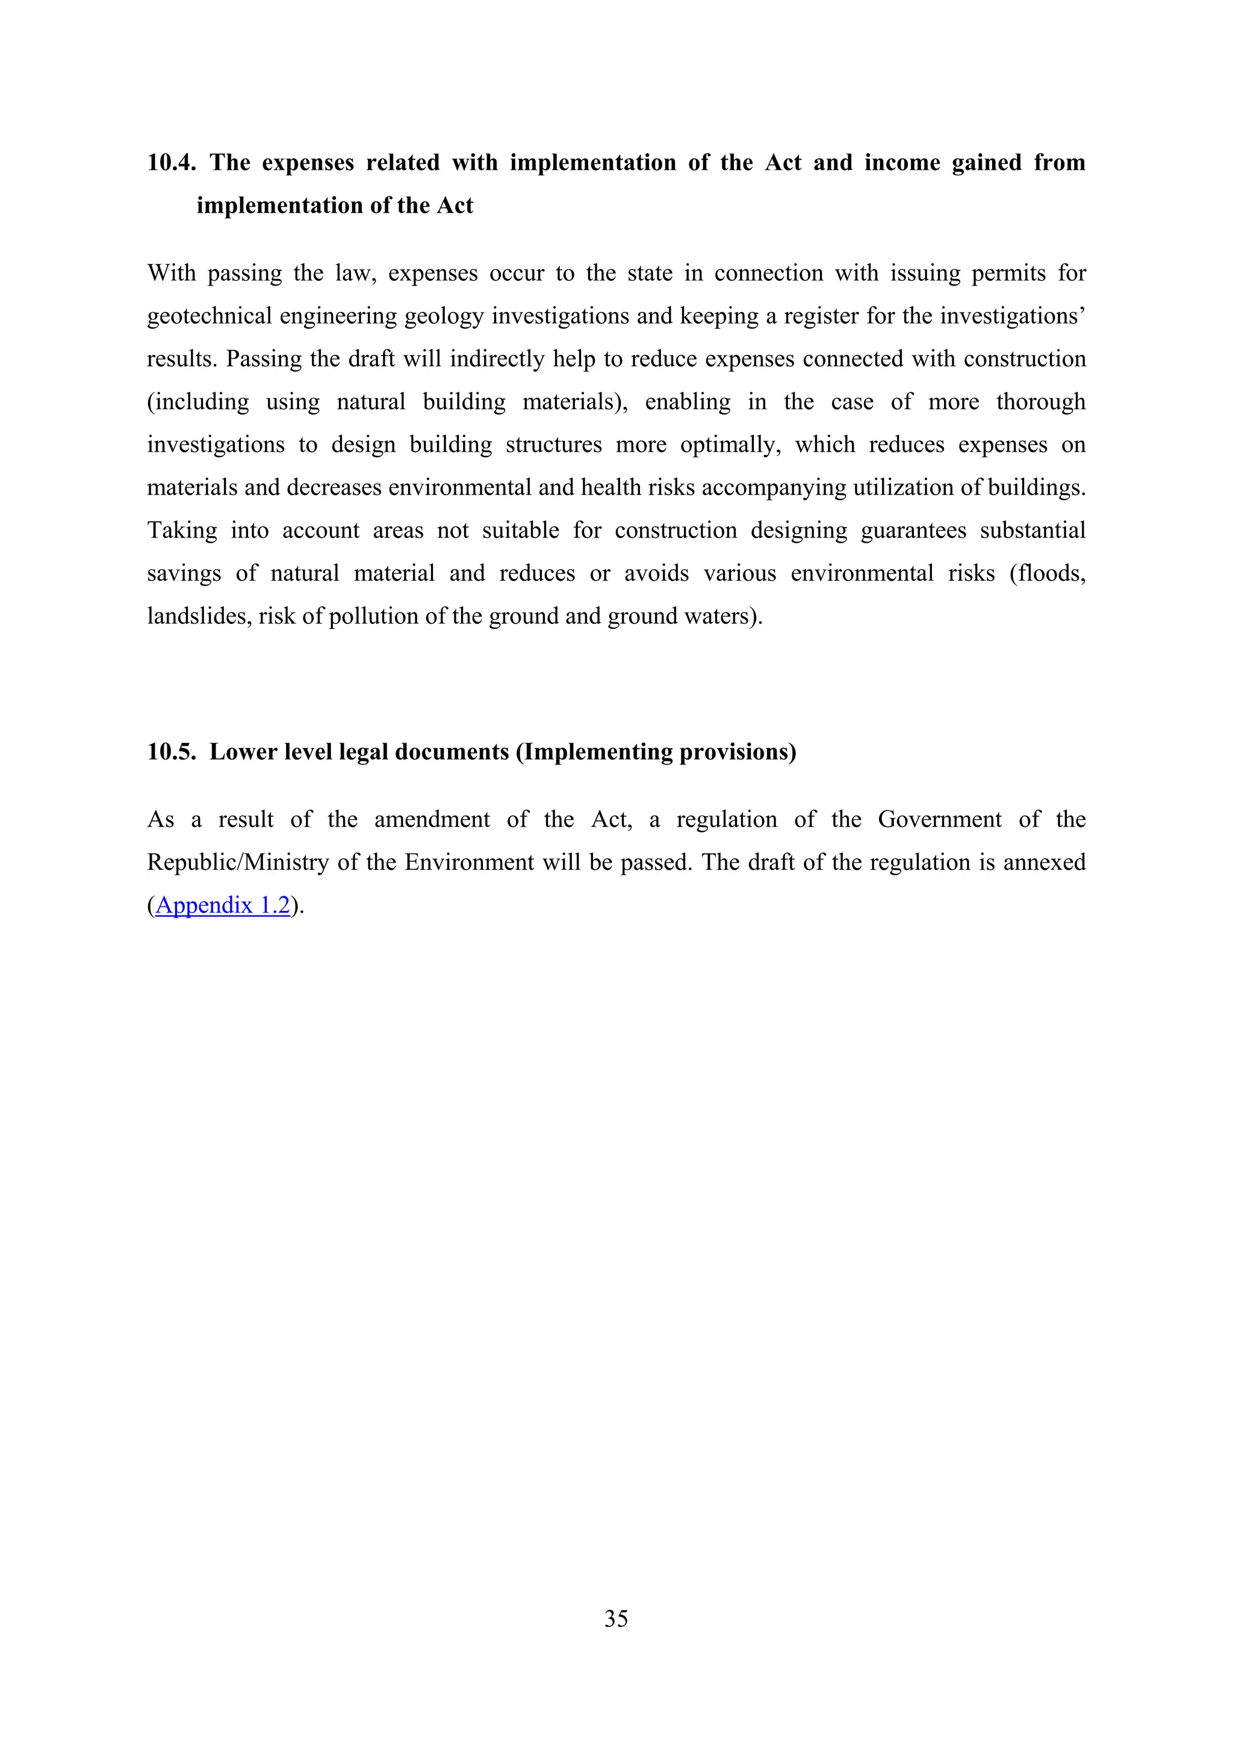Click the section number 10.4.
(x=171, y=163)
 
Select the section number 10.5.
(x=171, y=752)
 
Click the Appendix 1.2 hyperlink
(x=223, y=905)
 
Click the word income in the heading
(x=902, y=163)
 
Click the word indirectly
(x=497, y=359)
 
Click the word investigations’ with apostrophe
(x=1012, y=316)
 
